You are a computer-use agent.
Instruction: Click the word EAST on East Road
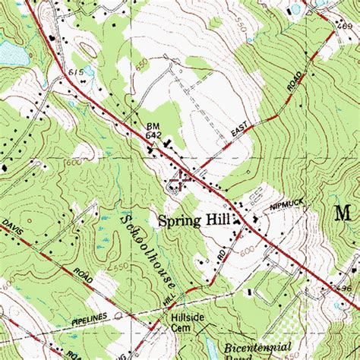pos(239,134)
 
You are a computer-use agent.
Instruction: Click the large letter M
pos(345,213)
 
